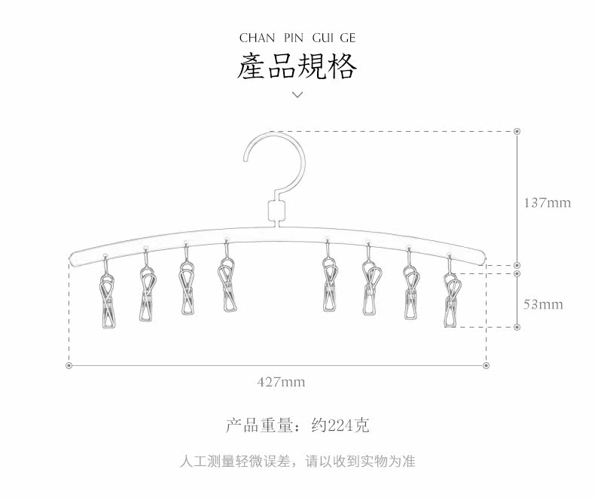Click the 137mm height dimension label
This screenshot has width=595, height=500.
coord(548,203)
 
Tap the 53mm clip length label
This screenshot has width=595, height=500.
coord(543,304)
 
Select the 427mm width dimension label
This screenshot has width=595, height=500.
coord(281,382)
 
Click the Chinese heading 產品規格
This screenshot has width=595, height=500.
coord(297,67)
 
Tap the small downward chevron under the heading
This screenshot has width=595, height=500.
coord(297,95)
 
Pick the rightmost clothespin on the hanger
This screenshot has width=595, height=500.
coord(452,300)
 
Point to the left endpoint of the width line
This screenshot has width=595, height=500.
coord(69,365)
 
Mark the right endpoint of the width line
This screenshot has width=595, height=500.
coord(486,365)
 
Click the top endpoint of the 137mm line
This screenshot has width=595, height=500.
coord(517,131)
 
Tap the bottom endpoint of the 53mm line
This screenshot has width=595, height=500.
coord(517,327)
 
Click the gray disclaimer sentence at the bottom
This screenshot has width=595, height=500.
coord(297,461)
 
